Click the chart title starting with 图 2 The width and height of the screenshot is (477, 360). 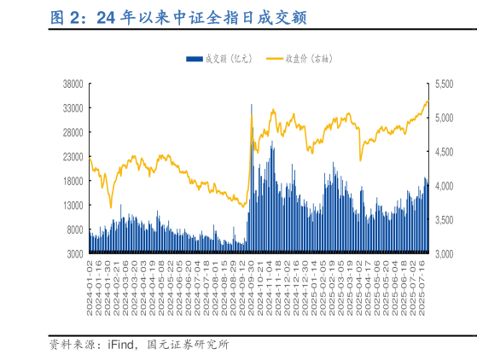click(178, 18)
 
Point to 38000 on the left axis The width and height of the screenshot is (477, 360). click(72, 84)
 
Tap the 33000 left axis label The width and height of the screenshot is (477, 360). click(72, 108)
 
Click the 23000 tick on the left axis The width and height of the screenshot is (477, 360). click(72, 157)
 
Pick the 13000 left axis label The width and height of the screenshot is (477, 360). click(72, 206)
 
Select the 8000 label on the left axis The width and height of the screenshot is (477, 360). click(74, 230)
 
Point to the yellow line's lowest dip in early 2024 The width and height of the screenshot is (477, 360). click(110, 206)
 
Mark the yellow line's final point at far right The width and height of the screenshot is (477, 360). click(428, 101)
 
